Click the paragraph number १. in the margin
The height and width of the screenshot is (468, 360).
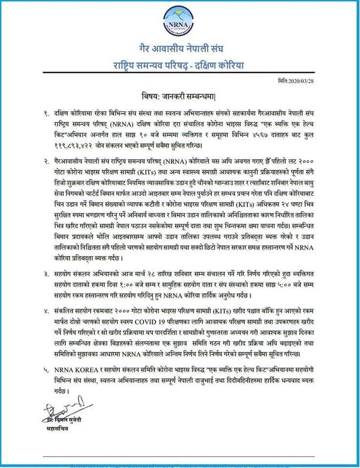(47, 113)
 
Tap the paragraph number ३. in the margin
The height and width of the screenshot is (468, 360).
(47, 274)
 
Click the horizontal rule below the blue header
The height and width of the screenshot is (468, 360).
(180, 75)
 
